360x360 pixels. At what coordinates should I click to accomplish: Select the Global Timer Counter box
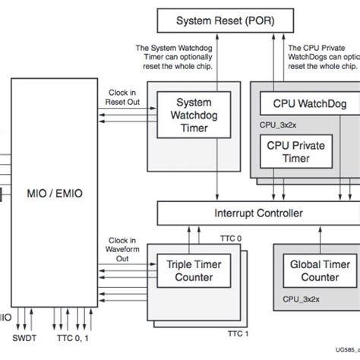[309, 270]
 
